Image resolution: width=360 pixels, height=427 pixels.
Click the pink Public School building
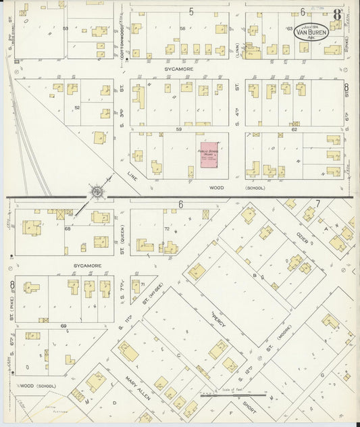212,155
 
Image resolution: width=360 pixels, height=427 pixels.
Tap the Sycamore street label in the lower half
87,266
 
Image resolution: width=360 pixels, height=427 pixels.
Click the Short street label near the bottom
249,411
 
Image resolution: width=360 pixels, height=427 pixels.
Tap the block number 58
182,29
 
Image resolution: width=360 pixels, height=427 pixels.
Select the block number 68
68,228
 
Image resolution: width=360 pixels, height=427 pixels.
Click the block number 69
63,326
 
